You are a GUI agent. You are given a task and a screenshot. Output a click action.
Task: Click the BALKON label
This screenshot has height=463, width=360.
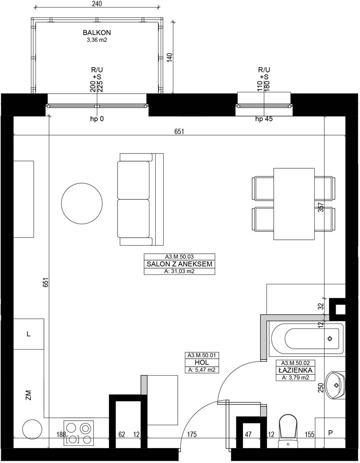pos(97,32)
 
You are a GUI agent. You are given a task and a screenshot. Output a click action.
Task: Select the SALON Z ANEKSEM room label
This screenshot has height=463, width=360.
pos(179,264)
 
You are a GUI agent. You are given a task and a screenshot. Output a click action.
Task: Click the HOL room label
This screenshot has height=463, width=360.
pos(202,362)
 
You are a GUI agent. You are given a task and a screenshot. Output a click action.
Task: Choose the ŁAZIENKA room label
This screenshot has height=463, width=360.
pos(295,370)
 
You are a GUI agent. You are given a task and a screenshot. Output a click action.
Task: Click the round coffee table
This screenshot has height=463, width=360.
pos(82,203)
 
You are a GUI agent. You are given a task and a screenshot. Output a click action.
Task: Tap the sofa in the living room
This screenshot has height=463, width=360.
pos(140,199)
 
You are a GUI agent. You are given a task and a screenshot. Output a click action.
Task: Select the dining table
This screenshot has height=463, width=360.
pos(294,204)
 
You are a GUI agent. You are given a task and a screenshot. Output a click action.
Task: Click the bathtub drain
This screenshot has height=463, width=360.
pos(329,338)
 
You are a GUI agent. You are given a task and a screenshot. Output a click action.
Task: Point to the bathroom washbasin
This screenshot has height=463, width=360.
pos(336,385)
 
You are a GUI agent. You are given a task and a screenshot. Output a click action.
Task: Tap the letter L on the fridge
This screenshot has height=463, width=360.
pos(28,334)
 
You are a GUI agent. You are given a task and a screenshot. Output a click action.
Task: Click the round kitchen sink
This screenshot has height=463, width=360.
pos(32,430)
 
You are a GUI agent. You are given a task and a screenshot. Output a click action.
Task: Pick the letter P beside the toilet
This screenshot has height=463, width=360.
pos(330,433)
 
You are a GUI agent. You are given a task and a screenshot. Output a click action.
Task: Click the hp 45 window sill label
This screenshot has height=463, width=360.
pos(264,119)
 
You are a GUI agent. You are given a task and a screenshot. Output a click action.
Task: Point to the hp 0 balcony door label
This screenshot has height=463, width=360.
pos(97,119)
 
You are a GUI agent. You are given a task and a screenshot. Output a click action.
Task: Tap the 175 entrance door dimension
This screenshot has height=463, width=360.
pos(192,434)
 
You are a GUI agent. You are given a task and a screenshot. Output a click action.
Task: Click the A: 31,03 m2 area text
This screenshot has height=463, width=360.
pos(179,271)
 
